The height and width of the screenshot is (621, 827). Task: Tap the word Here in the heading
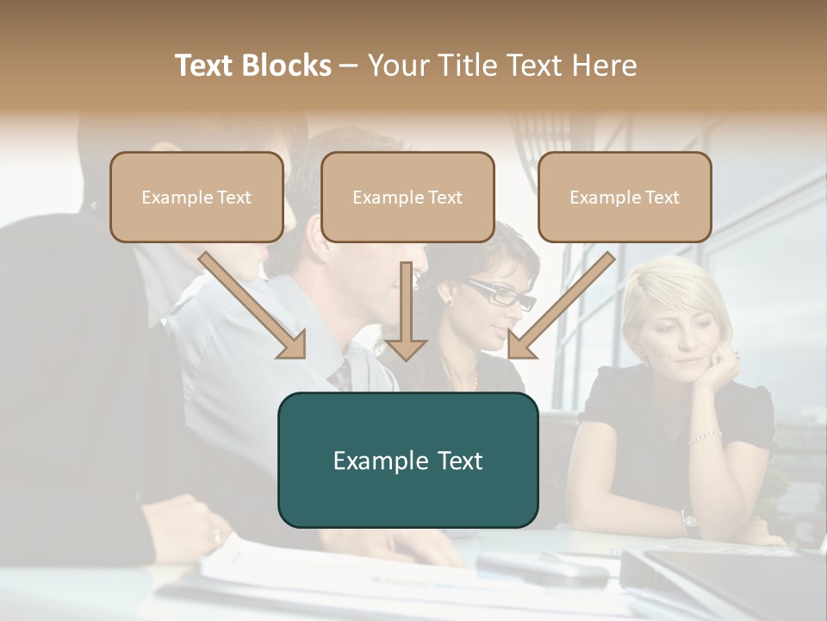click(x=603, y=66)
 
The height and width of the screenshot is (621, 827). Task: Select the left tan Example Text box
click(x=196, y=198)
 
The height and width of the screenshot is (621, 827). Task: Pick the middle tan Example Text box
click(x=407, y=198)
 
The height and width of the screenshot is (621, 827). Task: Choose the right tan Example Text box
click(x=625, y=198)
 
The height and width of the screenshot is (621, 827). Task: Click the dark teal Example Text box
click(x=407, y=461)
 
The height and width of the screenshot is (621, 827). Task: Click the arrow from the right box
click(x=561, y=305)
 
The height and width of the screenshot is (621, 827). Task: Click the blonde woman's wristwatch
click(x=689, y=518)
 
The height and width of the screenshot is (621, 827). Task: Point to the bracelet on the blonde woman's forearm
click(x=705, y=436)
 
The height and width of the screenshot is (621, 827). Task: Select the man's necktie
click(x=343, y=373)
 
